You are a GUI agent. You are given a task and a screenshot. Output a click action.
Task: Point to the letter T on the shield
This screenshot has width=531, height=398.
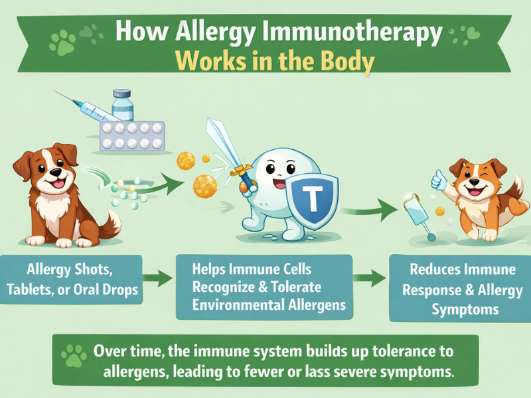[311, 196]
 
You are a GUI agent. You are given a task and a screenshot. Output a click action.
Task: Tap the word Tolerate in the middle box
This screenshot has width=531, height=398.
[293, 287]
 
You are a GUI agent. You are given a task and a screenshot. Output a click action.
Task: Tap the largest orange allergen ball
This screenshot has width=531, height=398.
[205, 184]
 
